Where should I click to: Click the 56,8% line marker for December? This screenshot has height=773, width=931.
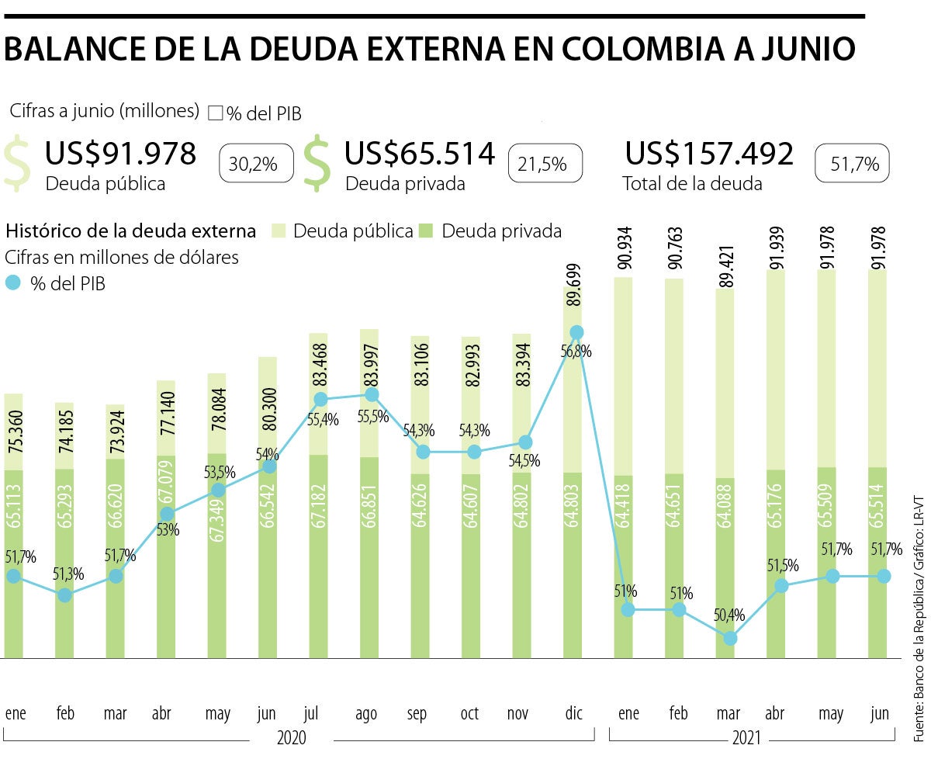click(576, 332)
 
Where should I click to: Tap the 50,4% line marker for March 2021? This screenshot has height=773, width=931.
click(730, 638)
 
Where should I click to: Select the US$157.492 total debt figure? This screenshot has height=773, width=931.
click(709, 154)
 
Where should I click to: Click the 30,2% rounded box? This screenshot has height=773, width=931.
click(257, 164)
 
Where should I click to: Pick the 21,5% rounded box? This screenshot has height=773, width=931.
click(545, 164)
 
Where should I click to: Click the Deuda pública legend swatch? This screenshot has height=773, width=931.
click(280, 231)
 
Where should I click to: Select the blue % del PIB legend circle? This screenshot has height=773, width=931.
click(15, 283)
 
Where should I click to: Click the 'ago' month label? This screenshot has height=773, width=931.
click(366, 713)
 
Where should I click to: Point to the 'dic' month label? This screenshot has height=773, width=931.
click(575, 713)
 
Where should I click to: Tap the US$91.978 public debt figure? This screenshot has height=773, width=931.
click(120, 154)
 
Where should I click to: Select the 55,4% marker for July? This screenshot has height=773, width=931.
click(320, 400)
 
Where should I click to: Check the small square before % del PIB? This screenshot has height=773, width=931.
click(215, 113)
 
